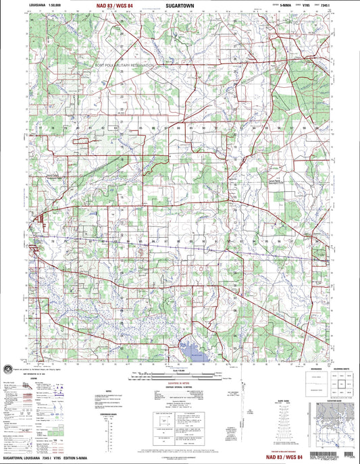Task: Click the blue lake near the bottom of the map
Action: (x=193, y=351)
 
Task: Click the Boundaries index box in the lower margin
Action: (x=303, y=384)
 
